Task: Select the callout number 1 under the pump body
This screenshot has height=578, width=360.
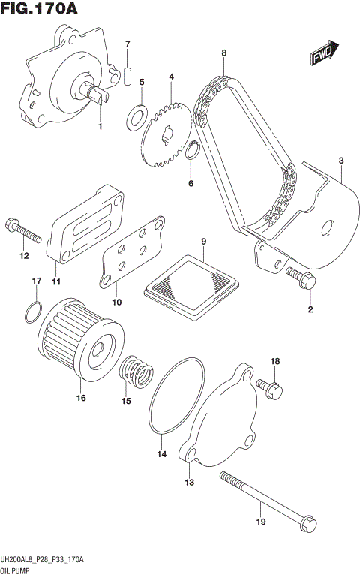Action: point(100,126)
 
